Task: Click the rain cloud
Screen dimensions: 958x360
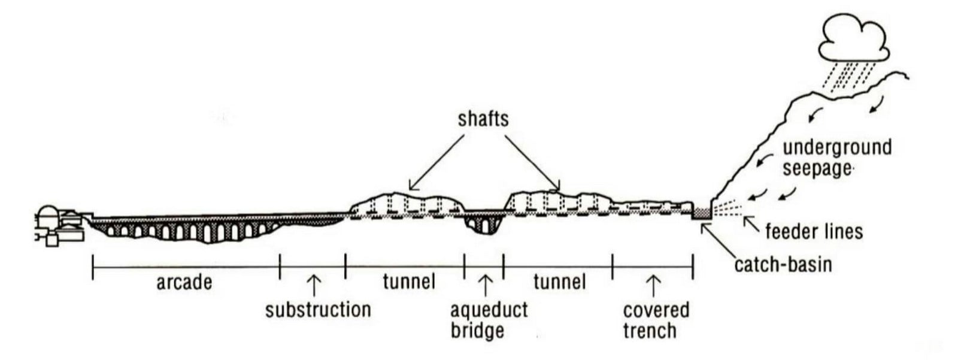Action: coord(854,39)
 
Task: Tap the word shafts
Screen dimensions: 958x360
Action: coord(483,119)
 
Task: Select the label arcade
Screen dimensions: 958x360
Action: coord(184,283)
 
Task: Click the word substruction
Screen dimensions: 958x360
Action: coord(318,310)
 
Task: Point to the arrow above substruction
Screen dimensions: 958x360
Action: coord(314,285)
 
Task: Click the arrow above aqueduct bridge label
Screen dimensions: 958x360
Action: coord(485,285)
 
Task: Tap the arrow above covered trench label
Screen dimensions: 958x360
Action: coord(653,286)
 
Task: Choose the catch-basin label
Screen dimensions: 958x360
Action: coord(783,265)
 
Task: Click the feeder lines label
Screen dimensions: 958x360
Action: coord(814,232)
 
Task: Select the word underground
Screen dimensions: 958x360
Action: coord(837,147)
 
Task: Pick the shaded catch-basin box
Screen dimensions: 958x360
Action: coord(702,213)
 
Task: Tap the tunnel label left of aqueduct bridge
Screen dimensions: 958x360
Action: coord(410,282)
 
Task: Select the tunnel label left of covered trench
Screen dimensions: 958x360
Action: coord(559,282)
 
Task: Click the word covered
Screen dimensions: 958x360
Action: coord(656,310)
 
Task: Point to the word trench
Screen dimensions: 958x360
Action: coord(650,331)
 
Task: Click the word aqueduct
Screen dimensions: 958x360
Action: coord(489,310)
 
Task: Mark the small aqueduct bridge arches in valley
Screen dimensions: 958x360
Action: coord(484,223)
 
